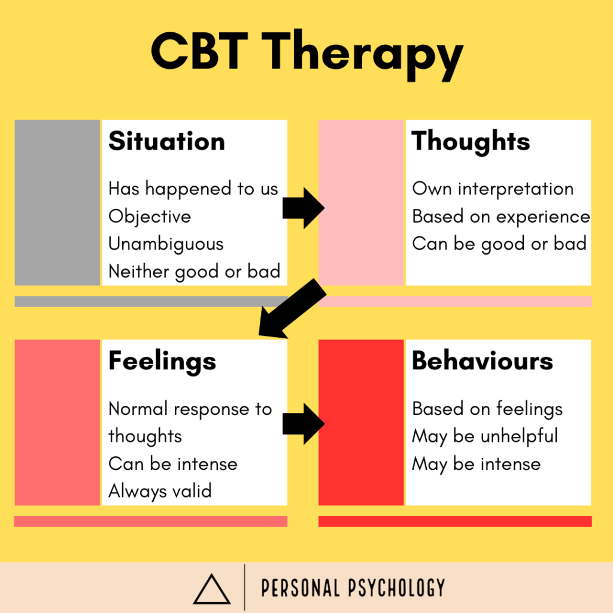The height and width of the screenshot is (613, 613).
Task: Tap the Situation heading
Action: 166,141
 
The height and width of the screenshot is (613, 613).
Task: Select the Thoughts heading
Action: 471,141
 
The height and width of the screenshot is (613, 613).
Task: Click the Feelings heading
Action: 162,361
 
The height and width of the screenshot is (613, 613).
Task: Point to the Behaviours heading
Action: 482,361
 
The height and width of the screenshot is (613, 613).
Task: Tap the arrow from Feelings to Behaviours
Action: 303,424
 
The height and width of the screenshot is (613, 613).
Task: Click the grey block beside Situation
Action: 57,202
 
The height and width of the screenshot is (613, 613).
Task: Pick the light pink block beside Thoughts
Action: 361,202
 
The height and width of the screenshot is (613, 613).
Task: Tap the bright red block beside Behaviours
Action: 361,423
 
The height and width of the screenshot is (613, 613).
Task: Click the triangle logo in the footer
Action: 211,589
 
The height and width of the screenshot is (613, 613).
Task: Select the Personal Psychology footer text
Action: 353,588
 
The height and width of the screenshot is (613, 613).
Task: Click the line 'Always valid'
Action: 160,491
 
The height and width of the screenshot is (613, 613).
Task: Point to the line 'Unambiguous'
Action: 166,244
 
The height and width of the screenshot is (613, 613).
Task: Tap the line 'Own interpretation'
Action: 493,189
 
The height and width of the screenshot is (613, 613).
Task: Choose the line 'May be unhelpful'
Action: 485,436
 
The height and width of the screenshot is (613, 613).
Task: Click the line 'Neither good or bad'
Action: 194,272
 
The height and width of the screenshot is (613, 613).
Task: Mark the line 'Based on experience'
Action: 500,217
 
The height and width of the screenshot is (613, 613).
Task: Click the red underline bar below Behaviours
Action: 455,521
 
